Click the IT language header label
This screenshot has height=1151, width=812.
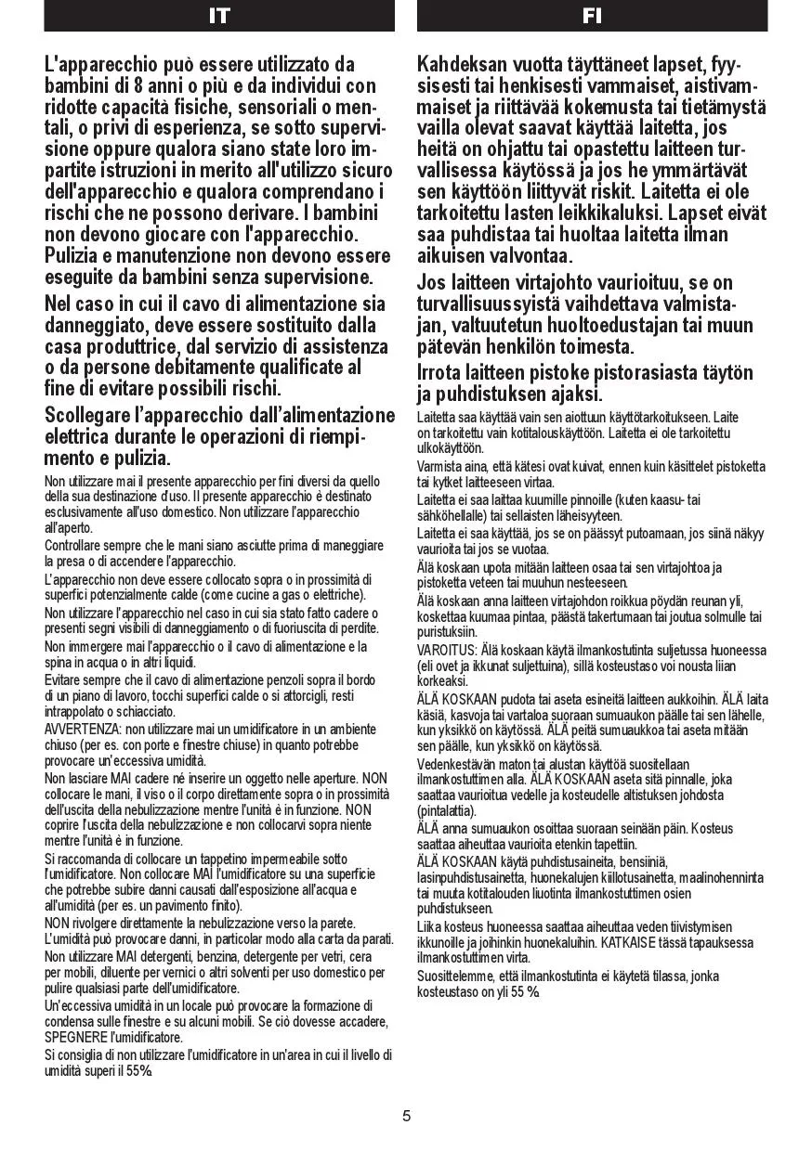(x=219, y=16)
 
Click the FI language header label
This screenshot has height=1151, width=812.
(x=592, y=16)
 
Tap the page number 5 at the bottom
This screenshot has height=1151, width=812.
(x=406, y=1116)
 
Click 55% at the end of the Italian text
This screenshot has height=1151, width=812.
(x=139, y=1070)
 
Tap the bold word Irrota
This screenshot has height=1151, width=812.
(x=443, y=372)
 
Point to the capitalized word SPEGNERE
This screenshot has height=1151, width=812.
(x=75, y=1037)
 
